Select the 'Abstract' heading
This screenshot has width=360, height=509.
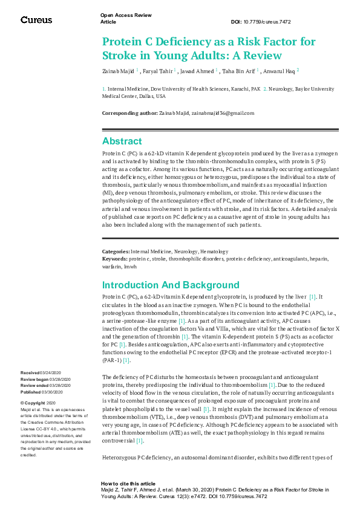pyautogui.click(x=122, y=141)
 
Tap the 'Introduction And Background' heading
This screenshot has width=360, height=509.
pyautogui.click(x=171, y=285)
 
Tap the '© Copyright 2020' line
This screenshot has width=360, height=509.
pyautogui.click(x=38, y=403)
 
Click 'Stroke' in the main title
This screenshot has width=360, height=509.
pyautogui.click(x=119, y=56)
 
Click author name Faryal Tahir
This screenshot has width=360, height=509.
pyautogui.click(x=159, y=71)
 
